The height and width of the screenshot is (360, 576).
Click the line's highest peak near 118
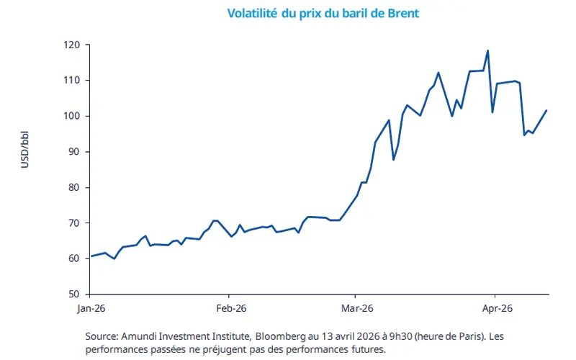487,50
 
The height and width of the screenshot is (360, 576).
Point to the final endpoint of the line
547,110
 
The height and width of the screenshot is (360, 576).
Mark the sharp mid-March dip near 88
393,159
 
